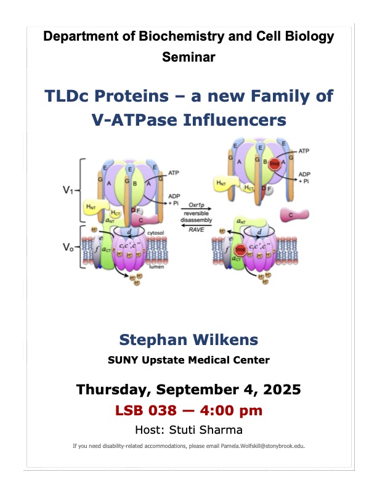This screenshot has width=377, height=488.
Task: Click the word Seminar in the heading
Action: (x=188, y=57)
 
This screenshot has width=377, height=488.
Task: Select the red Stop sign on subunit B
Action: (x=275, y=164)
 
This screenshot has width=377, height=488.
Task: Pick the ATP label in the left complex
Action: (x=174, y=174)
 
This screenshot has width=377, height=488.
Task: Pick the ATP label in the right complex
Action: (x=304, y=150)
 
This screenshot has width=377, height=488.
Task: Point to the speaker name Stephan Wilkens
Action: (x=188, y=340)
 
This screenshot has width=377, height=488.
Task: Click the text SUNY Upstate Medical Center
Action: (x=188, y=360)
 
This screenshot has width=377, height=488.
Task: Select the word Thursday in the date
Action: (x=113, y=389)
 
